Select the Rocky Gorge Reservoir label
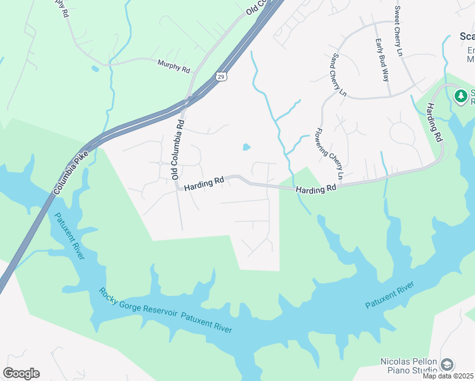point(138,306)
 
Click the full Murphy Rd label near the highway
point(173,66)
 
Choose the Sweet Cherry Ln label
point(398,30)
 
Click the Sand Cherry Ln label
point(337,75)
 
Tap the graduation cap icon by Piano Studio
point(447,364)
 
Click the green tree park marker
point(461,97)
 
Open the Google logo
point(21,373)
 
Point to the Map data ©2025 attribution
point(448,376)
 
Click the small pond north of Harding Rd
point(246,148)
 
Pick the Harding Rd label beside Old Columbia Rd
point(204,183)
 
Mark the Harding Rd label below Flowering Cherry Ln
point(315,189)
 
